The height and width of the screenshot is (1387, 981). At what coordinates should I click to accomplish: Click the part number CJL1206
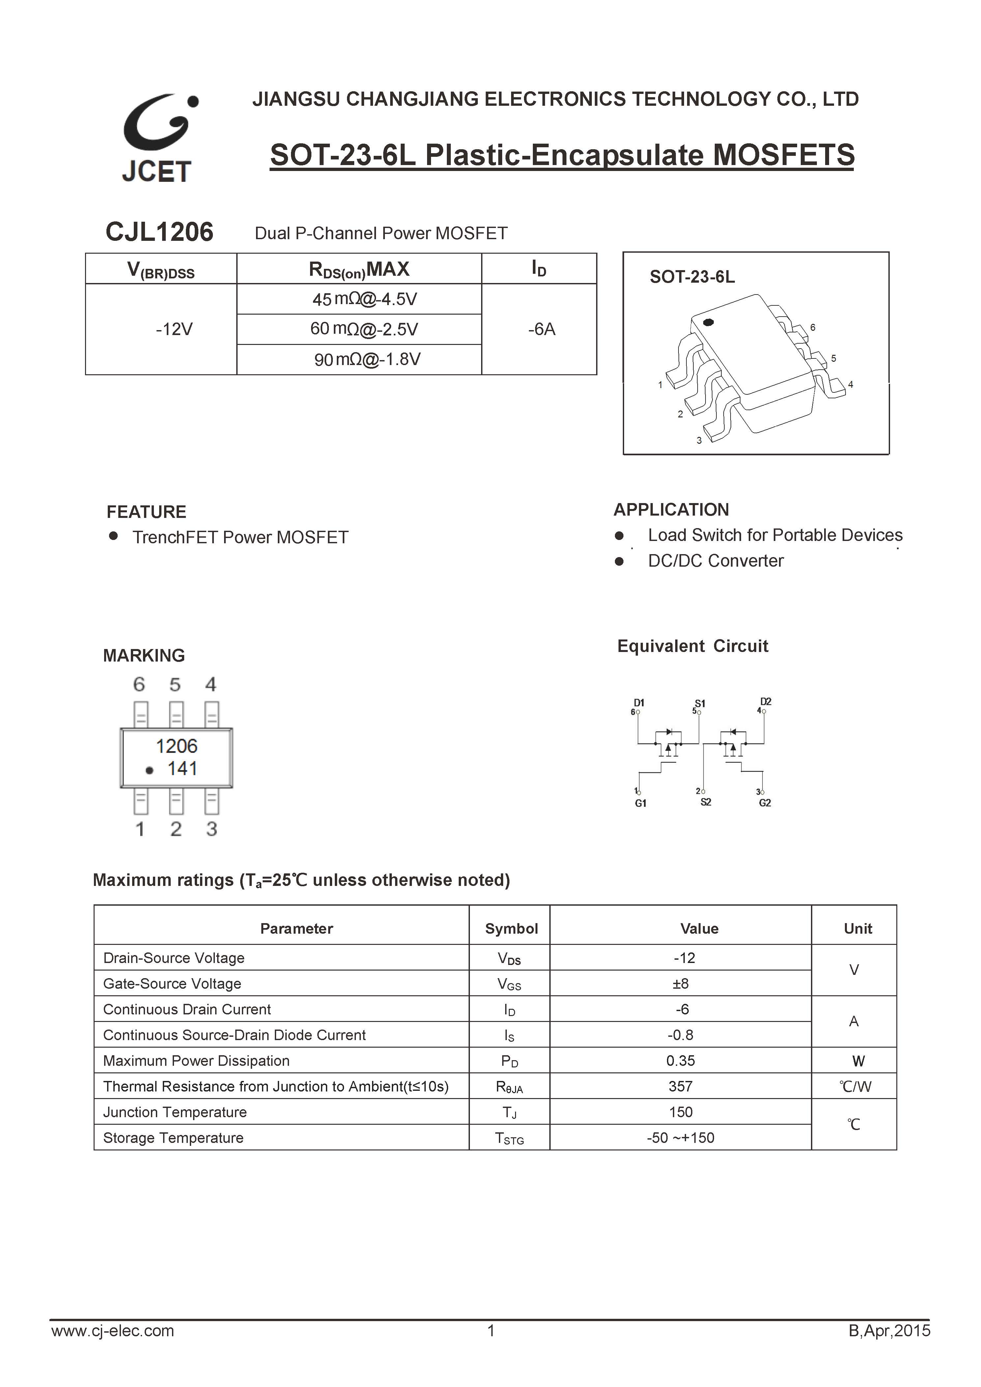click(x=159, y=232)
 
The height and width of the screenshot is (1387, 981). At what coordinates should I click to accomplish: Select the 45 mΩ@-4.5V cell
click(x=364, y=299)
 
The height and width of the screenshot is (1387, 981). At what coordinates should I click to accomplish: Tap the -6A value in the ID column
click(x=541, y=329)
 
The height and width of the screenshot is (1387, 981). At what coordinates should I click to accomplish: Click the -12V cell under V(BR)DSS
click(x=174, y=329)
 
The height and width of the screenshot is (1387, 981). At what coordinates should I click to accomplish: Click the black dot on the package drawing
click(x=708, y=322)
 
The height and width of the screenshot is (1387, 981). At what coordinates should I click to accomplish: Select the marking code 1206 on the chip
click(x=176, y=746)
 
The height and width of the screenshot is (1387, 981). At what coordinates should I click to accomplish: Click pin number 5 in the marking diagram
click(x=175, y=684)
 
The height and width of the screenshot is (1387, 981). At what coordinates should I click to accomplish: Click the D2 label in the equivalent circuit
click(x=765, y=701)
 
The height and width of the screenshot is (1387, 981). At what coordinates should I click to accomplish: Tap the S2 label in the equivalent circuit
click(x=706, y=802)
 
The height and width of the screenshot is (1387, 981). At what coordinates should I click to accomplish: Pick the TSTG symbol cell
click(x=509, y=1138)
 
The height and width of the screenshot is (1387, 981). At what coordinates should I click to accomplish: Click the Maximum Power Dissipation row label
click(x=196, y=1061)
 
